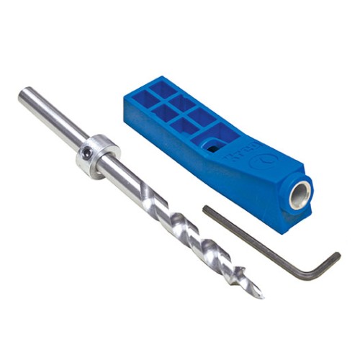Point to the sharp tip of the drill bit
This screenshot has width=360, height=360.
(260, 295)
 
